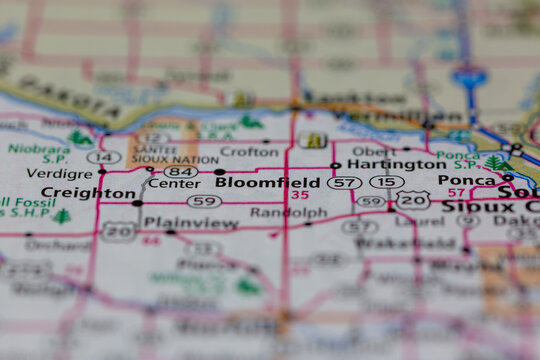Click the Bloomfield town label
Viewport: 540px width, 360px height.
[x=268, y=183]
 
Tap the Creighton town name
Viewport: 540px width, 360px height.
[x=88, y=192]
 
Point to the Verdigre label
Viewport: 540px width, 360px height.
[x=59, y=172]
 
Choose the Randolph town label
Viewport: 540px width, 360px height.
[x=288, y=212]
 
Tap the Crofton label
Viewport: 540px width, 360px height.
[x=249, y=151]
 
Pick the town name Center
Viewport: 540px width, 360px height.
[x=173, y=184]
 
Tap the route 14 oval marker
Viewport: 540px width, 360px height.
[x=104, y=157]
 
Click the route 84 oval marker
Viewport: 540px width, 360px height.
[x=181, y=171]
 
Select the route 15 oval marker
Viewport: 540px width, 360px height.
[x=386, y=182]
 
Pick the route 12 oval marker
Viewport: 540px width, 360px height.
[x=154, y=138]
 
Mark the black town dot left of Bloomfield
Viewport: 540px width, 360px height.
[x=220, y=172]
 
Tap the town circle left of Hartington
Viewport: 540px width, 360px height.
[x=336, y=165]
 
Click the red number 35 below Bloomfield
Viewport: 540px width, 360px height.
[x=300, y=195]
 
